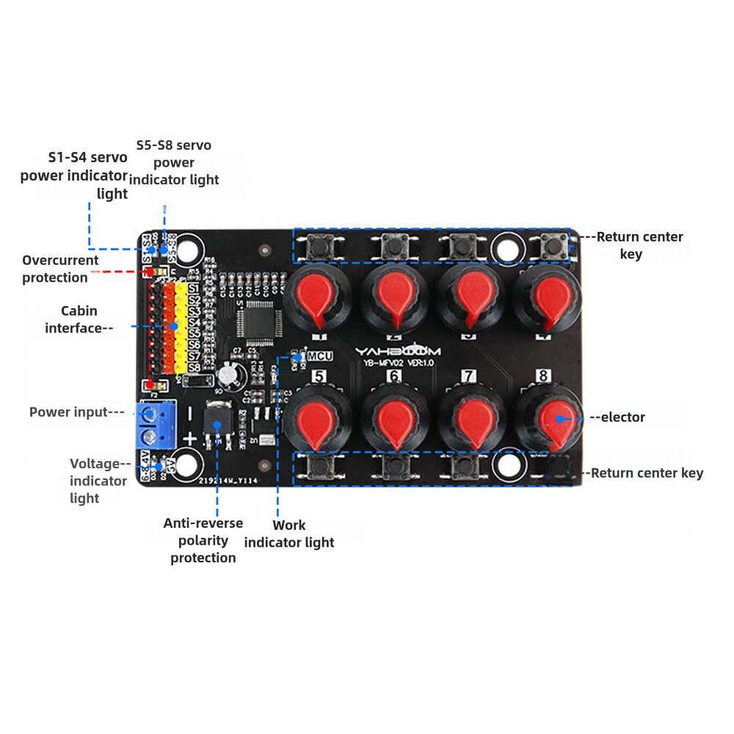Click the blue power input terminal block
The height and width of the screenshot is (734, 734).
pos(155,425)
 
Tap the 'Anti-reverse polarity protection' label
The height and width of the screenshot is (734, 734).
pos(203,540)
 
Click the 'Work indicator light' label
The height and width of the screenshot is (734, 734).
pos(289,534)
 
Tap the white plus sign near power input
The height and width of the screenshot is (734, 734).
pos(189,439)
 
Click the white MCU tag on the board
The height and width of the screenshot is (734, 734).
pos(320,356)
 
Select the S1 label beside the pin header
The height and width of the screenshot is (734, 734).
pos(195,288)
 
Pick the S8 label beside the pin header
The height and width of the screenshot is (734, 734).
pos(195,367)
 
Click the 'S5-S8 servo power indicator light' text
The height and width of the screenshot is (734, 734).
pos(174,162)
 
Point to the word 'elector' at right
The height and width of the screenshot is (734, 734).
pos(622,417)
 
